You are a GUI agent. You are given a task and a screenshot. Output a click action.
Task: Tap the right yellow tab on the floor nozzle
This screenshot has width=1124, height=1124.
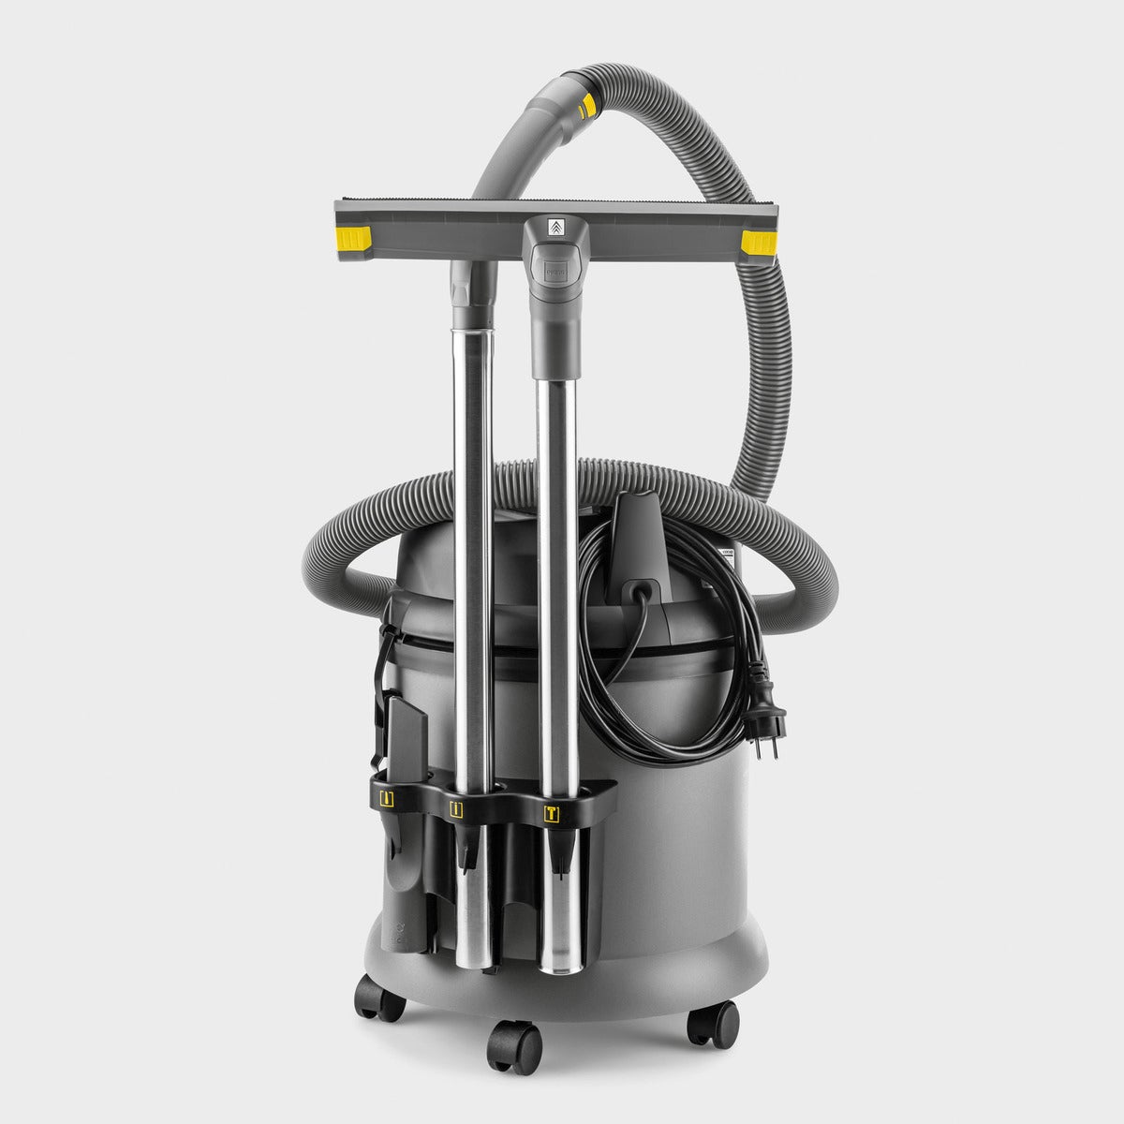tap(758, 244)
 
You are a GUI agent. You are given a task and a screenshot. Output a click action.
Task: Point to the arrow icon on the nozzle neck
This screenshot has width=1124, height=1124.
tap(553, 227)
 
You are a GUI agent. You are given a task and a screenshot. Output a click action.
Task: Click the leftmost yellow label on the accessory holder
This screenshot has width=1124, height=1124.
tap(387, 798)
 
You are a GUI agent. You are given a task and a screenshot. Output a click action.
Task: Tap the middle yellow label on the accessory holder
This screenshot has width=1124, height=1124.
tap(458, 809)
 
